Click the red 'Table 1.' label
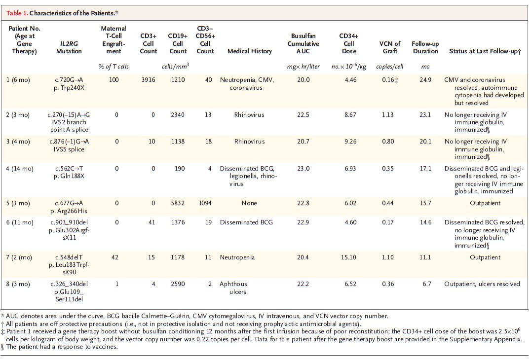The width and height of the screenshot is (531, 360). [17, 13]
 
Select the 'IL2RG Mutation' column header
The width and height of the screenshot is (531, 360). [69, 47]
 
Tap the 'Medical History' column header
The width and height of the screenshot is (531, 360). [250, 51]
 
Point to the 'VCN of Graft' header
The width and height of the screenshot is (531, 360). [390, 47]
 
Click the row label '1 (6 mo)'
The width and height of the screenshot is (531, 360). [18, 80]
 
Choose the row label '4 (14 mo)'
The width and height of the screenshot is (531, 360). [20, 169]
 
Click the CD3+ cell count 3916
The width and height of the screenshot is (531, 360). [149, 80]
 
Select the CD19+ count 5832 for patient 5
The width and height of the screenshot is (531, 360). [178, 203]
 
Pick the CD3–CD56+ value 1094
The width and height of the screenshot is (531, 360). [205, 203]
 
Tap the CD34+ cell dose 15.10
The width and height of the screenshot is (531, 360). [348, 257]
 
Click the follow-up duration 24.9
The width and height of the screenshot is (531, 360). [425, 80]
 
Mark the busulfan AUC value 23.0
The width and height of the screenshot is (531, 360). [303, 169]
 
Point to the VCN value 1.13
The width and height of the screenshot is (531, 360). [388, 115]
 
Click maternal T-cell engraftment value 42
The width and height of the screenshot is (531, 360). [115, 257]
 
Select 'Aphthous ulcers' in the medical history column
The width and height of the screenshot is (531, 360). [233, 288]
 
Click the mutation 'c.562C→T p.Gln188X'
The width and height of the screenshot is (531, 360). [69, 172]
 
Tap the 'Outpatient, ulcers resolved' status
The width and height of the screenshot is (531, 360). [482, 284]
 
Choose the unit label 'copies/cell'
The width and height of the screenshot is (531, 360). [389, 66]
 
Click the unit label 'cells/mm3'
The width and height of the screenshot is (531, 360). [175, 66]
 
